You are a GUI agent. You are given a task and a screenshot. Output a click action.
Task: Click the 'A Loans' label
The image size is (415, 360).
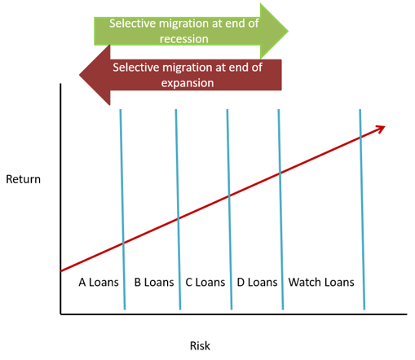tap(99, 283)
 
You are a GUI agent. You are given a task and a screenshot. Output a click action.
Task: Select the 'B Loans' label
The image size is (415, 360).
tap(154, 283)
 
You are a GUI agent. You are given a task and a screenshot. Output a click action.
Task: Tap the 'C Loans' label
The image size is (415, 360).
tap(205, 283)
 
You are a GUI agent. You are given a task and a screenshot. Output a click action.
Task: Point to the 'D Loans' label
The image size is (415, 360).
tap(257, 283)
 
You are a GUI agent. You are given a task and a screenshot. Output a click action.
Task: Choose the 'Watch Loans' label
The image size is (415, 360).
tap(321, 283)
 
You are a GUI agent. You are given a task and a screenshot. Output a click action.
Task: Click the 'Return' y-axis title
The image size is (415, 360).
tap(23, 178)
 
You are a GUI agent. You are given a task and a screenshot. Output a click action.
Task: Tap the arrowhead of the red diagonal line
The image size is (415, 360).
tap(381, 129)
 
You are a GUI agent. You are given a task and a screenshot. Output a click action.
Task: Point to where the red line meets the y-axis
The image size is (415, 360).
tap(61, 270)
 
